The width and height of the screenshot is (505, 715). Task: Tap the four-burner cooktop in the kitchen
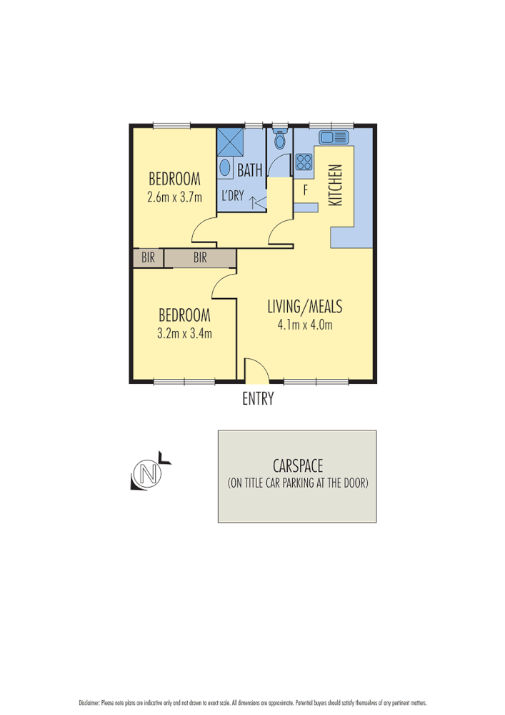pos(304,162)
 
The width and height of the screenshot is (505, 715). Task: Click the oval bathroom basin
pos(224,169)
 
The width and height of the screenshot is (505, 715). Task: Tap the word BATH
pos(249,171)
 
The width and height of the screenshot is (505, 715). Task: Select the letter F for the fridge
pos(305,190)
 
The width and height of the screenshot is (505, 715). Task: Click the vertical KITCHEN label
pos(336,185)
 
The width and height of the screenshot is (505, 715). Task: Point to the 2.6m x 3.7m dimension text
pos(174,198)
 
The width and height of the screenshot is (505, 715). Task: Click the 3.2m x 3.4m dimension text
pos(184,332)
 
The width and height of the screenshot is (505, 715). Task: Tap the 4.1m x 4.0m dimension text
pos(305,325)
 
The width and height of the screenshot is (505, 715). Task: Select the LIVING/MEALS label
pos(305,307)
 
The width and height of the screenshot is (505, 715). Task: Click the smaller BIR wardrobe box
pos(148,258)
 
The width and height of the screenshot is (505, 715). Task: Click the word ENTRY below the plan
pos(258,400)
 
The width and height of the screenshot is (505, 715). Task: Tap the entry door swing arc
pos(255,369)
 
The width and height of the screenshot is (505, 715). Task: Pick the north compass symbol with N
pos(149,473)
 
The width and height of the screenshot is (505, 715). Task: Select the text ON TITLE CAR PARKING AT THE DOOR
pos(297,483)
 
